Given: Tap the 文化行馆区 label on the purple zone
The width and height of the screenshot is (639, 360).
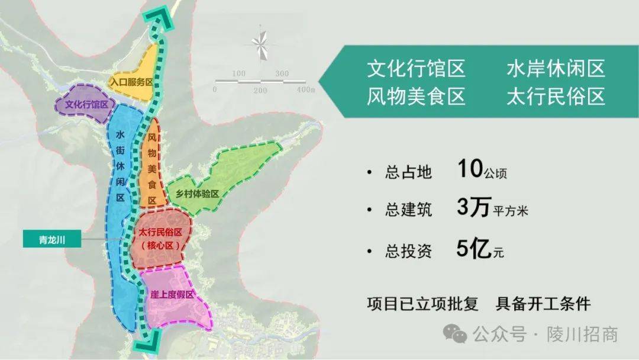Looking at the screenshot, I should tap(86, 104).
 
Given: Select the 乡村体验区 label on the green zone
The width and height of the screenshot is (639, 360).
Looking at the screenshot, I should tap(193, 194).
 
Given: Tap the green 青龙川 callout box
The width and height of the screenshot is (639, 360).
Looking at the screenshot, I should tap(51, 239).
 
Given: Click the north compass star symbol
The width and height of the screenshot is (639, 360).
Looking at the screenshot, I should tap(260, 43).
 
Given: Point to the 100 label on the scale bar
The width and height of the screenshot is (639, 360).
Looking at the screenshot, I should tap(238, 73).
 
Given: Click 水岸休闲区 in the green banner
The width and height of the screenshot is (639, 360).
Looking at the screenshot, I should tap(556, 69).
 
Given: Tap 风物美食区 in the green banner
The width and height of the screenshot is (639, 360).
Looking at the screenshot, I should tap(416, 96).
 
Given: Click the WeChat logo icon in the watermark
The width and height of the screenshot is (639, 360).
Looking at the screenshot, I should tap(455, 334).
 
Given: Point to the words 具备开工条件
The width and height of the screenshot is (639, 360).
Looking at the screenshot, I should tap(543, 304).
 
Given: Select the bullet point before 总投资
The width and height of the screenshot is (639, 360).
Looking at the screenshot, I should tap(370, 252).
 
